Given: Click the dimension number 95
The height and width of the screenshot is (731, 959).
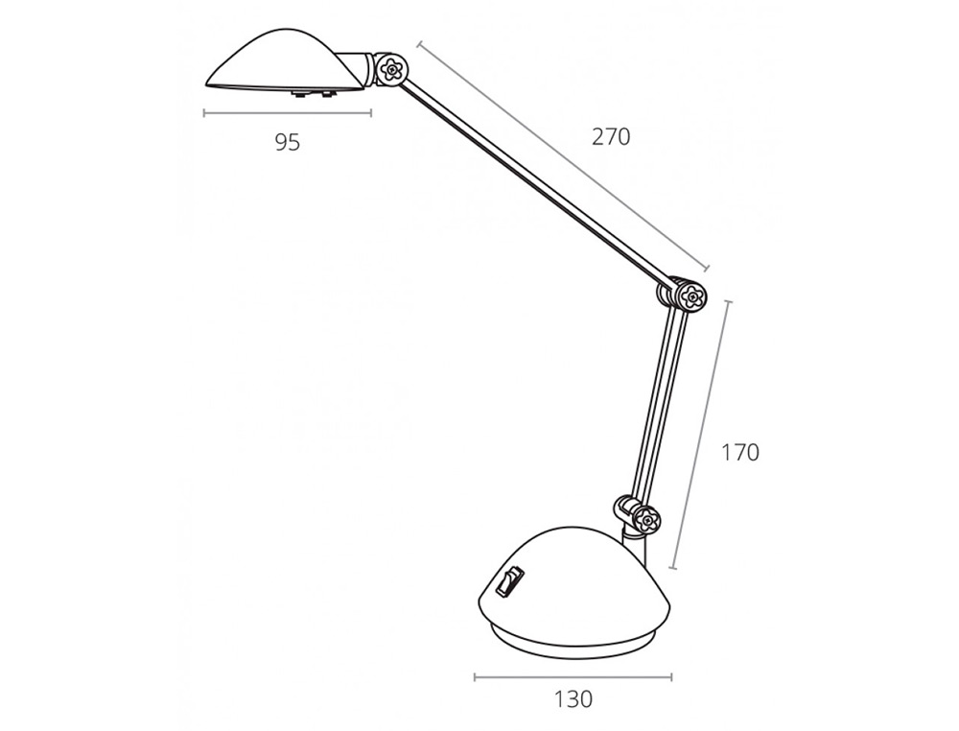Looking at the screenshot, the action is point(288,143).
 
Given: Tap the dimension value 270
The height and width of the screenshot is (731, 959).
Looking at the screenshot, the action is point(610,136).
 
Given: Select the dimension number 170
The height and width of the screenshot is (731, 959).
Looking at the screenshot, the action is point(740,453).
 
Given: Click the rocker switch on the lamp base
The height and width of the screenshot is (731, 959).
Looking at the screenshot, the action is point(509,581).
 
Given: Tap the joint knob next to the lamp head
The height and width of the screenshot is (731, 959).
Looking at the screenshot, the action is point(390,70).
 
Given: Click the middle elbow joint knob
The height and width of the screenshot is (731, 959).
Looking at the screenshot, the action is point(691,298).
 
